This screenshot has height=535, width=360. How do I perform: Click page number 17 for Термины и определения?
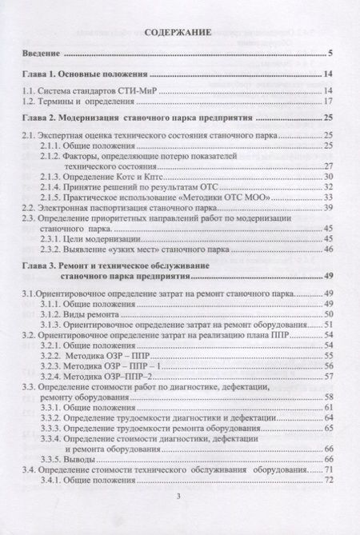coord(328,103)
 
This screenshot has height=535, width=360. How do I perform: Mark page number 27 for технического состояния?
coord(328,165)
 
